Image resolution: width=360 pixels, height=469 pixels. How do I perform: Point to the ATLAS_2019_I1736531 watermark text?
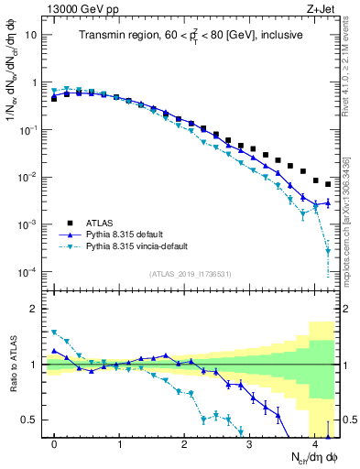coord(189,273)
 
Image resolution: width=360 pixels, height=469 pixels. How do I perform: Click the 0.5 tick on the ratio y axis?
coord(29,420)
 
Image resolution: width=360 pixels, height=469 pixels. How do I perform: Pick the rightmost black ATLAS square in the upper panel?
coord(328,184)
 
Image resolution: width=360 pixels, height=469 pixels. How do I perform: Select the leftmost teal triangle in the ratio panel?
coord(54,333)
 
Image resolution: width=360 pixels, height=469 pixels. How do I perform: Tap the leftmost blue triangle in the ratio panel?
coord(54,351)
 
